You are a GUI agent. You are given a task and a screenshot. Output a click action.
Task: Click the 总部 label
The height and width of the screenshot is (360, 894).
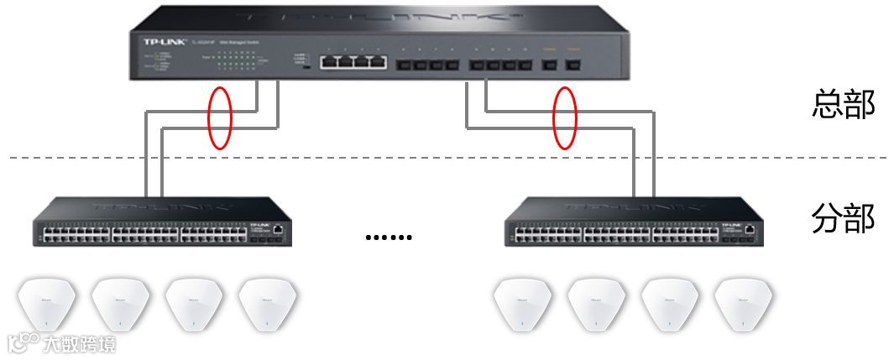tap(843, 106)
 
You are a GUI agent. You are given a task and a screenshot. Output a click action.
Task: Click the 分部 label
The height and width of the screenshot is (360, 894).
tap(843, 219)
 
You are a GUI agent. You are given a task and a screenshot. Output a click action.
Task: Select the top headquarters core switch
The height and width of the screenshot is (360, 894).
tap(379, 44)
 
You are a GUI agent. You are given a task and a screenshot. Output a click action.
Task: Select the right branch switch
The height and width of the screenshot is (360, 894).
tap(634, 222)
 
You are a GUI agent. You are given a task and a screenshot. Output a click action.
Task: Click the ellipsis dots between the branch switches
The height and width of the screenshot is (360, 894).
tap(389, 237)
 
